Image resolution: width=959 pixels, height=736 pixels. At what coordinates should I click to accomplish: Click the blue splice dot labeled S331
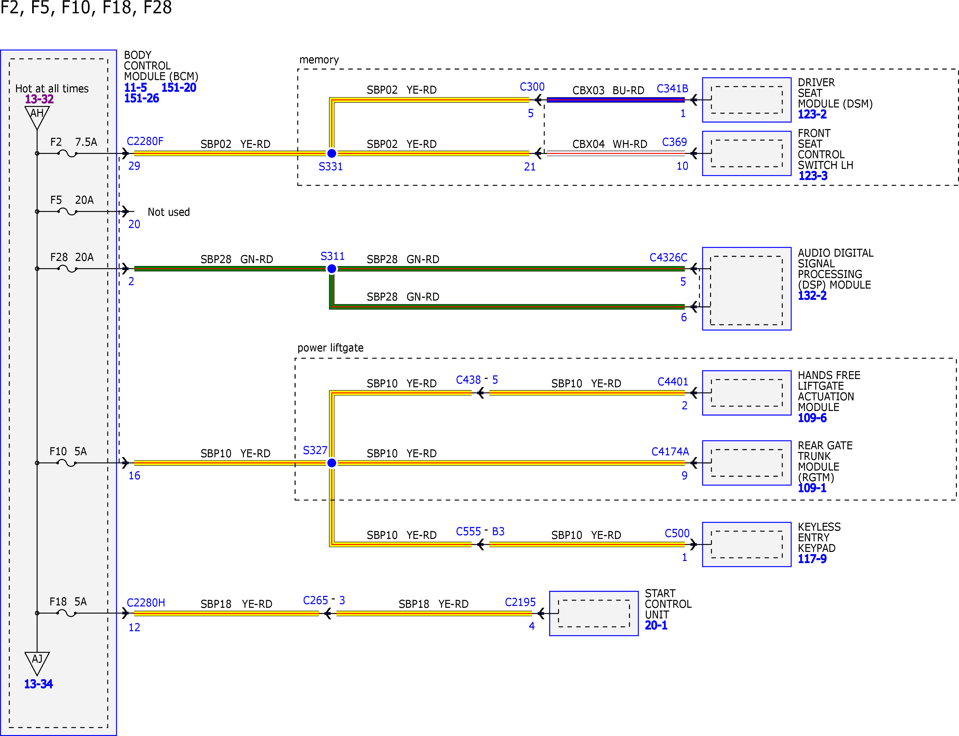[x=331, y=153]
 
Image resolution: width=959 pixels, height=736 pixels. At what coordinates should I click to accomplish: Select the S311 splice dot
[x=331, y=269]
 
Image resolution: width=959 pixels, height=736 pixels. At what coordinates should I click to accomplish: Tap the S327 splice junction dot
[x=331, y=463]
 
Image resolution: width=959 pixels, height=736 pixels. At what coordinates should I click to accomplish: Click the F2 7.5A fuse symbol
[x=67, y=153]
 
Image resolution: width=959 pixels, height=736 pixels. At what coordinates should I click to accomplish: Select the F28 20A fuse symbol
[x=67, y=269]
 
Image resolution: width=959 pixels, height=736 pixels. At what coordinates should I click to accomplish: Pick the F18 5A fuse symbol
[x=67, y=613]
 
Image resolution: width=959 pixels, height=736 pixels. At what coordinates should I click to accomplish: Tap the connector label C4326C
[x=668, y=257]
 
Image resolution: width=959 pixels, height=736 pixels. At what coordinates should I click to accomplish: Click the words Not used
[x=169, y=212]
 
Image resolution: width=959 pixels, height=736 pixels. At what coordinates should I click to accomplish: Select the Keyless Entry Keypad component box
[x=747, y=544]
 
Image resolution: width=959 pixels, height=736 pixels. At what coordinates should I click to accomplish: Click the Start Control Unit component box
[x=594, y=613]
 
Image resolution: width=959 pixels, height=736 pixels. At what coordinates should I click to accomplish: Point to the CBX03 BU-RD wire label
[x=608, y=90]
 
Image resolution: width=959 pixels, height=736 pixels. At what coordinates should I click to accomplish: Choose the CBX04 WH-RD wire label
[x=610, y=144]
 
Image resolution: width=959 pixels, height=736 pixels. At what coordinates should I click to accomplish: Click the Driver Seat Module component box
[x=747, y=100]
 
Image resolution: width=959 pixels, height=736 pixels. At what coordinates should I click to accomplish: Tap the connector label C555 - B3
[x=480, y=531]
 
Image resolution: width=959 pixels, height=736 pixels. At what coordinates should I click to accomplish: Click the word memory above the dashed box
[x=319, y=60]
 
